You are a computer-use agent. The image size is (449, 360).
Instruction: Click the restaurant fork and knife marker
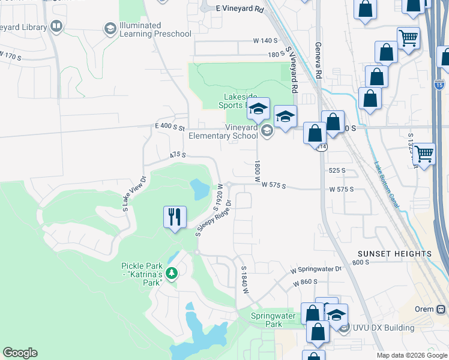[175, 217]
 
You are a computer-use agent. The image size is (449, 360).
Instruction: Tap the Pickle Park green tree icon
[172, 274]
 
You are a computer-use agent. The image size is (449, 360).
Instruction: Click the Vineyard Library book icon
[56, 26]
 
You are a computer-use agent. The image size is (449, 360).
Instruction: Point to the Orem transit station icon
[441, 309]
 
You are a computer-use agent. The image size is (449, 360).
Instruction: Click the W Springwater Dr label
[316, 270]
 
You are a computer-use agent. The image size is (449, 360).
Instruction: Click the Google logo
[20, 353]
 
